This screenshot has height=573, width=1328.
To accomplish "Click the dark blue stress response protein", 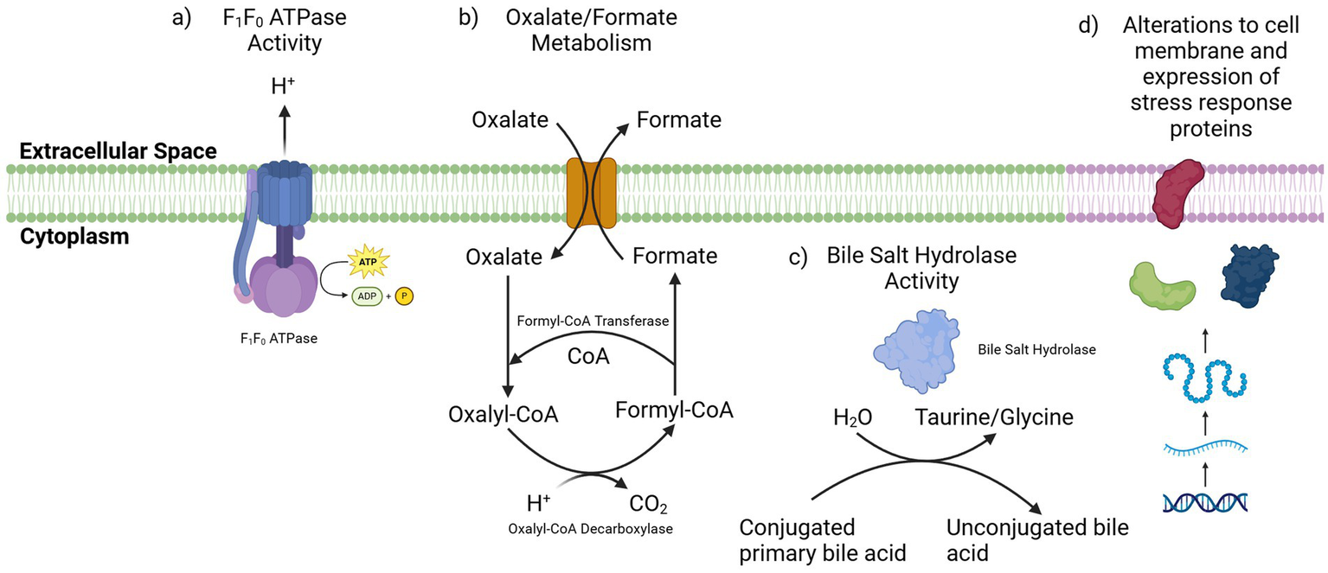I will point(1248,276).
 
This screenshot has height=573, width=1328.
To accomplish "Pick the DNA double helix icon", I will point(1205,501).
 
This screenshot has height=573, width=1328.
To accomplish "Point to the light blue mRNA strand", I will point(1205,447).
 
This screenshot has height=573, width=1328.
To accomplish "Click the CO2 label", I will point(647,503).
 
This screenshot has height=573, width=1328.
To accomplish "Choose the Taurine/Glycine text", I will point(994,417).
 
